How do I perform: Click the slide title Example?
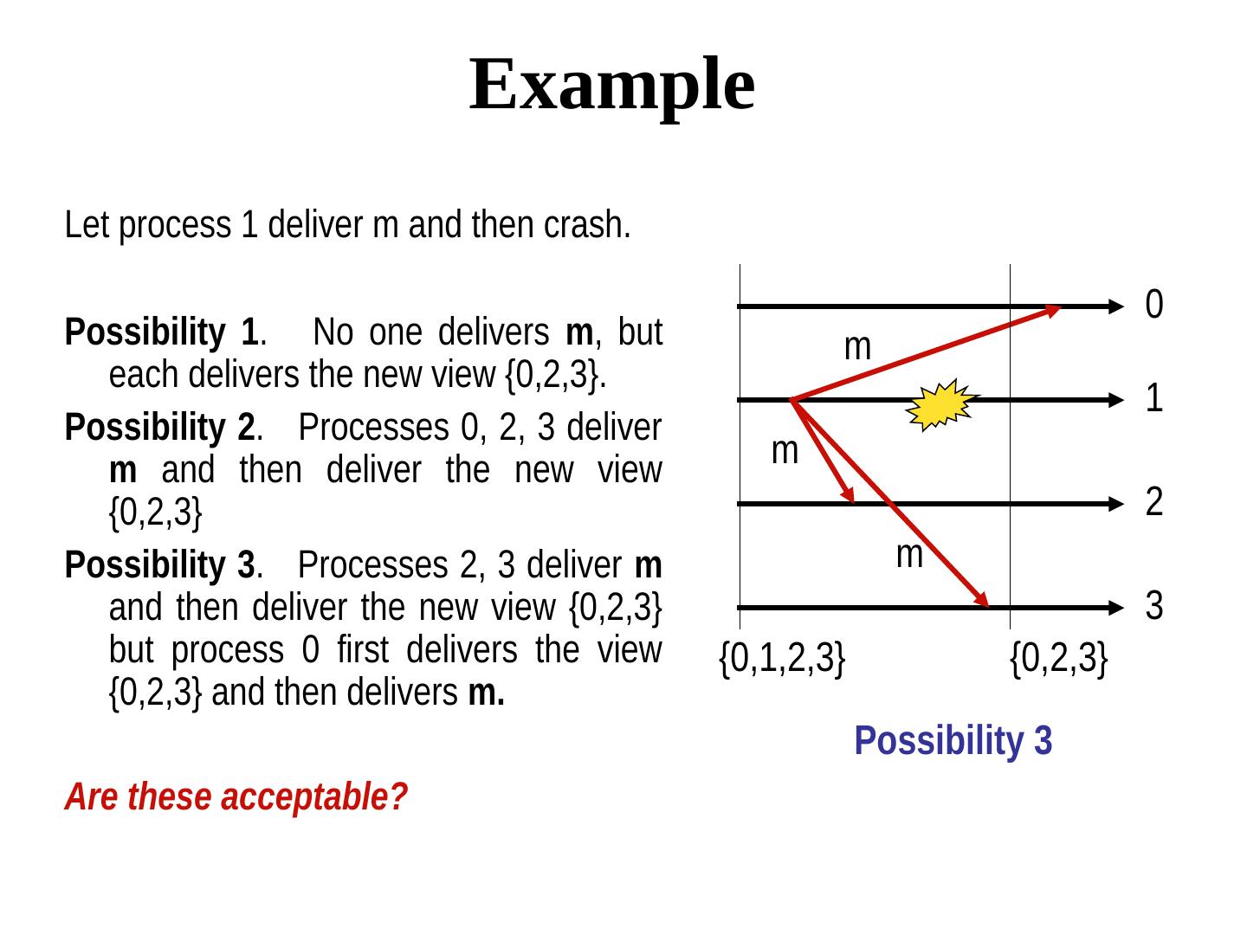pyautogui.click(x=611, y=84)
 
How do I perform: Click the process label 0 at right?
pyautogui.click(x=1153, y=304)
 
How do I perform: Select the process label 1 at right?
pyautogui.click(x=1153, y=399)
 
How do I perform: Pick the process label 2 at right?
pyautogui.click(x=1153, y=502)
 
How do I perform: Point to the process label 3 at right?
pyautogui.click(x=1153, y=606)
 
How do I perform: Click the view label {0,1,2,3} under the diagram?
pyautogui.click(x=782, y=660)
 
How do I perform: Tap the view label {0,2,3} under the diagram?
pyautogui.click(x=1059, y=660)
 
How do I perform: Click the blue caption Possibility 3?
pyautogui.click(x=953, y=742)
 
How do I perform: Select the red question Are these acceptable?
pyautogui.click(x=236, y=797)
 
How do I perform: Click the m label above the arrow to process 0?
pyautogui.click(x=857, y=347)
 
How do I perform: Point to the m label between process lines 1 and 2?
pyautogui.click(x=785, y=450)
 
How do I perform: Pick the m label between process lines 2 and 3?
pyautogui.click(x=909, y=554)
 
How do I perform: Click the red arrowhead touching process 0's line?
pyautogui.click(x=1052, y=309)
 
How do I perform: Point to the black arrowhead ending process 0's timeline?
pyautogui.click(x=1115, y=306)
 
